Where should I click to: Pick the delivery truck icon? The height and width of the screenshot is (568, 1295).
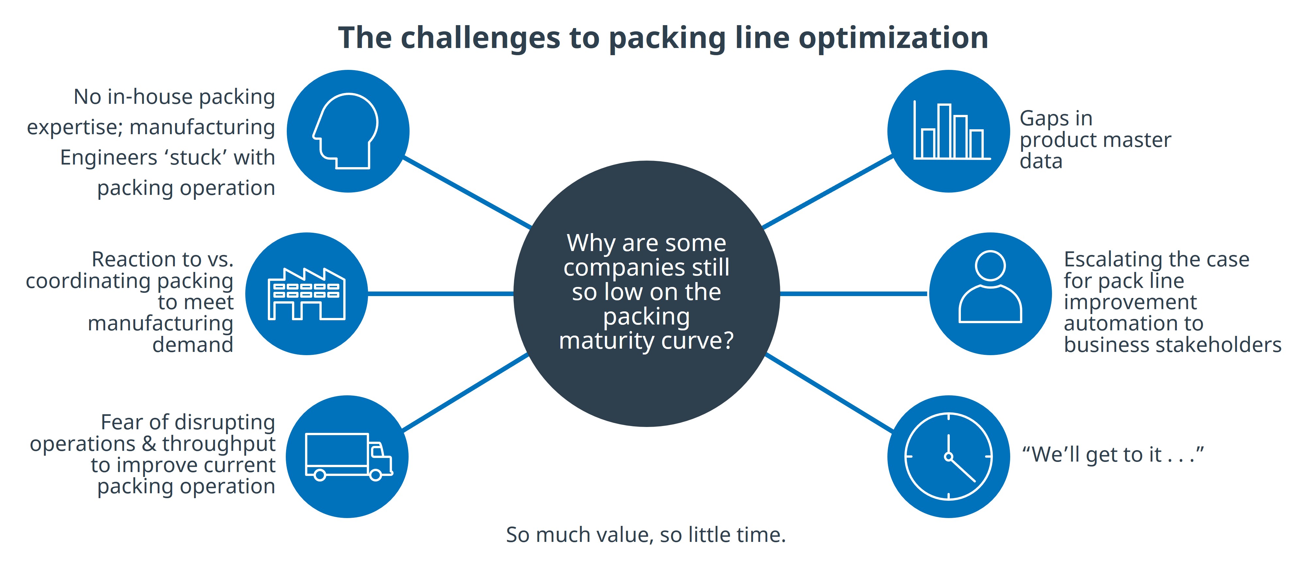348,456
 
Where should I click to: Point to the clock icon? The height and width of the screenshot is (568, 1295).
948,456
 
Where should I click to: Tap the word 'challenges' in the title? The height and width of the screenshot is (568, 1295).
480,38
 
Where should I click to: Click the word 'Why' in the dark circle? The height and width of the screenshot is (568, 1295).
591,243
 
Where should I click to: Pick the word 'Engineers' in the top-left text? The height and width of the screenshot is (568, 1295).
108,157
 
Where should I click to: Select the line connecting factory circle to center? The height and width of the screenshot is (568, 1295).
440,293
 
